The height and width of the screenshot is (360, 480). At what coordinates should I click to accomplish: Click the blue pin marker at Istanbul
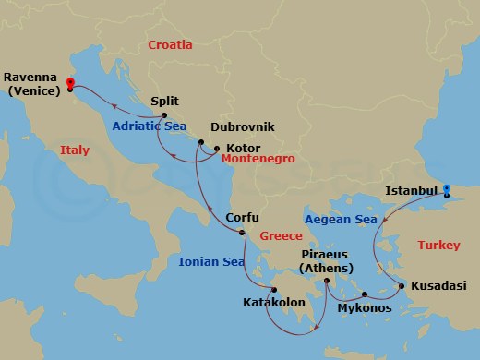pyautogui.click(x=446, y=191)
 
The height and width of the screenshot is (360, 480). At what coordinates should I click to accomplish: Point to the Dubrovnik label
pyautogui.click(x=243, y=128)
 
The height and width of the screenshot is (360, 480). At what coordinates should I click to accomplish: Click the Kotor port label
pyautogui.click(x=241, y=148)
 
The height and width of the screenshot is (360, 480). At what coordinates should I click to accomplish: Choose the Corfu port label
pyautogui.click(x=242, y=219)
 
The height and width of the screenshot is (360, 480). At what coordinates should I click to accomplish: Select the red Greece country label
pyautogui.click(x=280, y=235)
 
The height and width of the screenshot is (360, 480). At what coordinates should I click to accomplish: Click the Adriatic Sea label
pyautogui.click(x=150, y=126)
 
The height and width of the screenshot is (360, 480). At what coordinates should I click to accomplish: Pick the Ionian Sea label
pyautogui.click(x=211, y=262)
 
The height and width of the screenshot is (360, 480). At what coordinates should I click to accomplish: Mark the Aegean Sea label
pyautogui.click(x=342, y=220)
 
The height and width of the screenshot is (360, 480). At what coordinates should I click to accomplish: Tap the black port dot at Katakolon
pyautogui.click(x=274, y=289)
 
